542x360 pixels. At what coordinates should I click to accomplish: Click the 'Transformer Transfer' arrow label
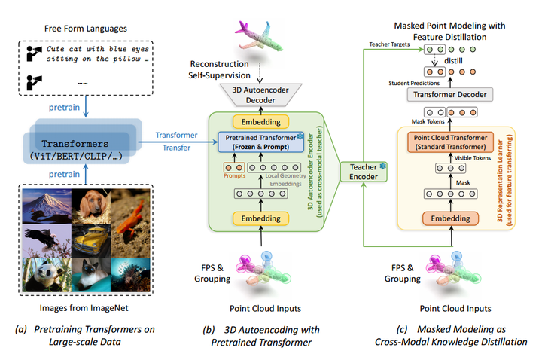pos(176,141)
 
